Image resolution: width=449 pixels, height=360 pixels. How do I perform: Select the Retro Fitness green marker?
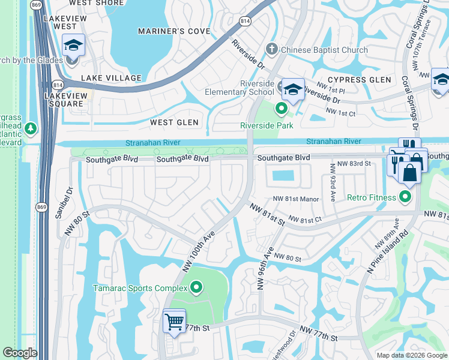406,196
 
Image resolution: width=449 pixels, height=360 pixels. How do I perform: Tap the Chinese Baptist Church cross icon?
272,49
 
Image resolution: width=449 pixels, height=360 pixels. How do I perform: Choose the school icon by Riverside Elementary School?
292,89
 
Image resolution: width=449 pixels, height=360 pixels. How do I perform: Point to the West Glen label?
174,122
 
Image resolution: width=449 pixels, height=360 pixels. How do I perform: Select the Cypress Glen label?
360,80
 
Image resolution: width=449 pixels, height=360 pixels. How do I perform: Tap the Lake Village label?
112,78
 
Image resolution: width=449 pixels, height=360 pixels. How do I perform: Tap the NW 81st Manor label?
297,199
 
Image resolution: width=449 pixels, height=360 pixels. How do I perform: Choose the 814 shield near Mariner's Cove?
245,22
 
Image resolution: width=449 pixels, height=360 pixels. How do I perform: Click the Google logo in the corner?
20,353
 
